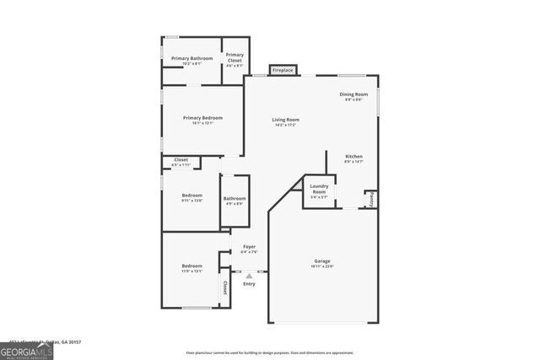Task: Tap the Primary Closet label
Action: pos(234,57)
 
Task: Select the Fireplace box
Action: pos(282,70)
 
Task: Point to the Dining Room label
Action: pos(354,94)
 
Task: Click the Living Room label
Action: pos(285,120)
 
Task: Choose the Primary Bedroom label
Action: pos(202,117)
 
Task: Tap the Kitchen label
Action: pos(354,157)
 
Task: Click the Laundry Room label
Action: pos(318,189)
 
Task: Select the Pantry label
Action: pos(370,198)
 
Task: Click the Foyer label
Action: pos(249,246)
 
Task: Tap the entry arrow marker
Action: pos(249,274)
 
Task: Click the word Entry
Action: pos(249,283)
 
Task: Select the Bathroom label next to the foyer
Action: pos(234,199)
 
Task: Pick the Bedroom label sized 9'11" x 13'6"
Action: pos(192,196)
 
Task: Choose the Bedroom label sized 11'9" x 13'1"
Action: pos(192,266)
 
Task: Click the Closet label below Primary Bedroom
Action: pos(181,159)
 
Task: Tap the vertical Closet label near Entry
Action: pos(225,287)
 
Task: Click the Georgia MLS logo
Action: pos(26,350)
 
